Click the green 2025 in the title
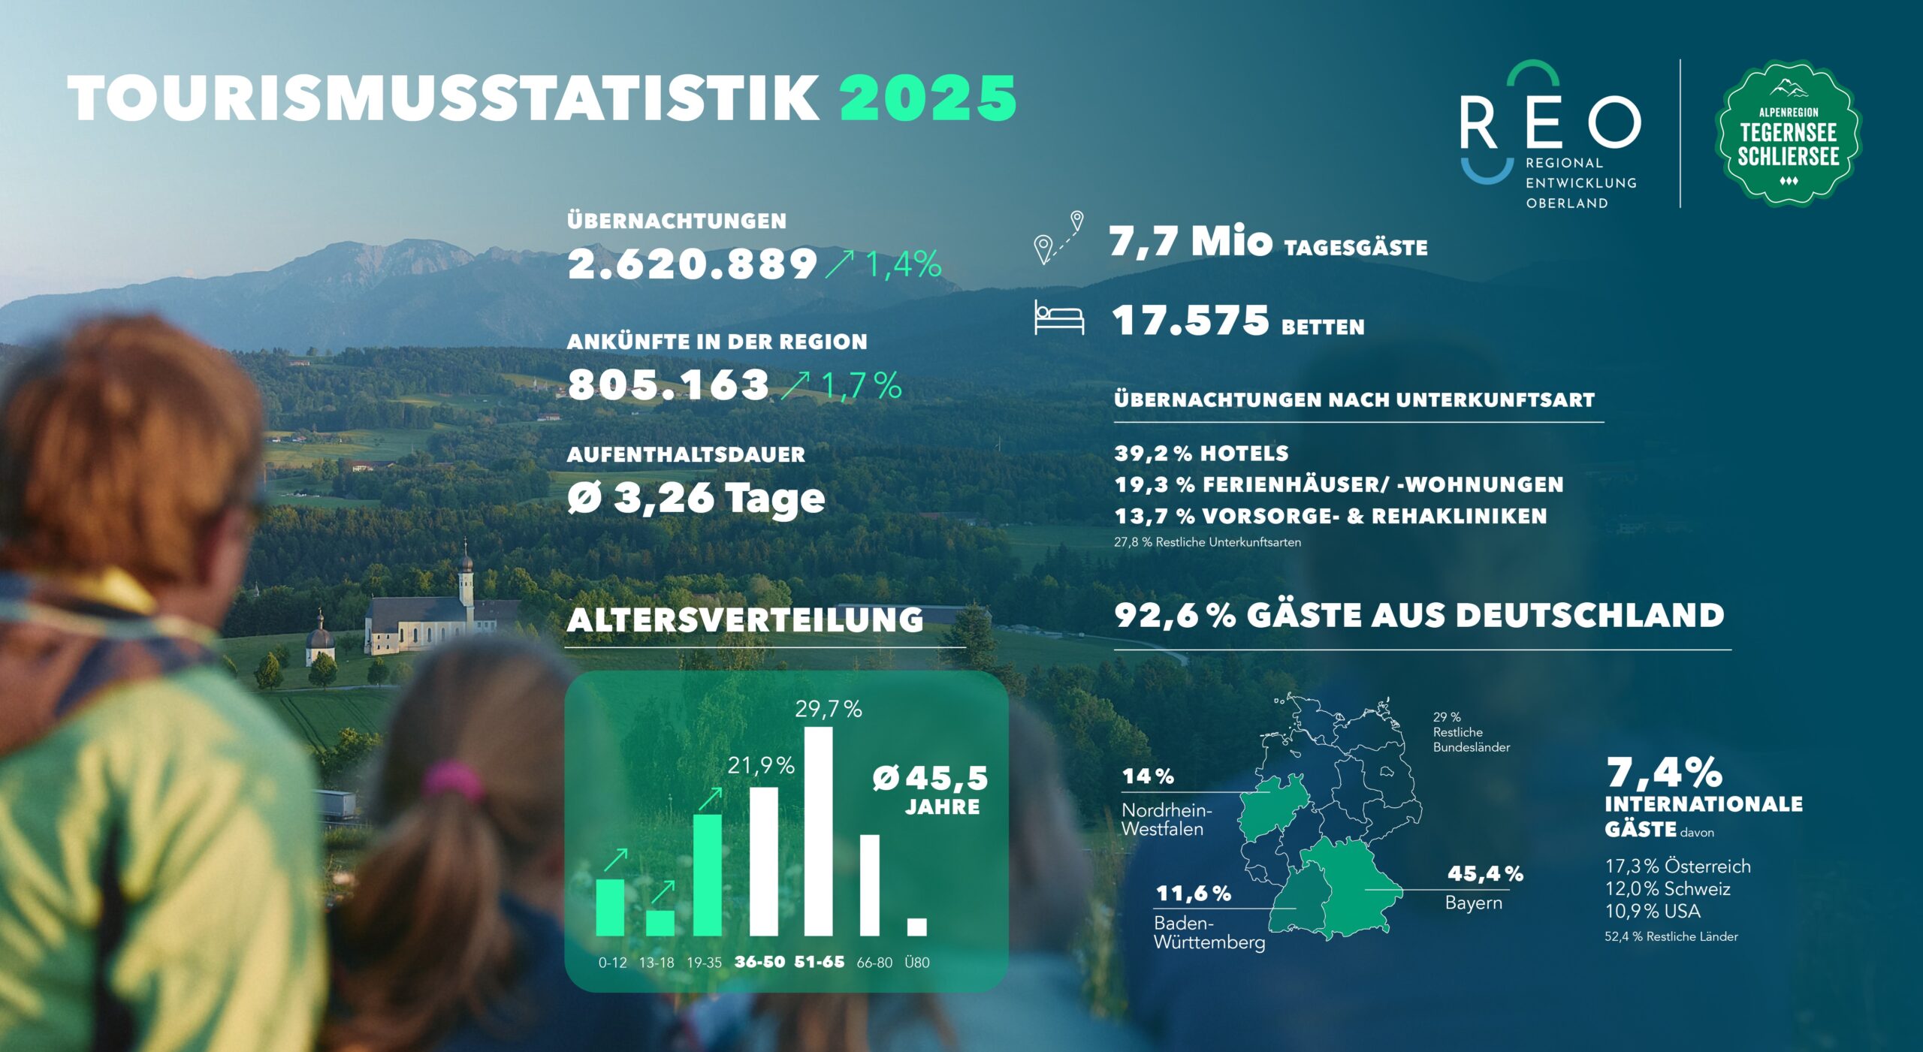928,98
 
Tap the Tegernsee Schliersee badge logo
1788,134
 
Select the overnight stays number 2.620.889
692,264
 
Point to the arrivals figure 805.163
668,384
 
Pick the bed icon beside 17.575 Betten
1059,318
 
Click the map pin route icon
1058,238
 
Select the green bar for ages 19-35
707,876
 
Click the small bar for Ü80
916,927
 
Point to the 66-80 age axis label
874,963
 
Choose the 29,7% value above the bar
829,709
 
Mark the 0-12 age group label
612,963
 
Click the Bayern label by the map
1473,903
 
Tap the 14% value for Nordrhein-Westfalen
1148,776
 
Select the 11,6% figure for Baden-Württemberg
1193,894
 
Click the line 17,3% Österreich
1677,867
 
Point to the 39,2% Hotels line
1201,454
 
